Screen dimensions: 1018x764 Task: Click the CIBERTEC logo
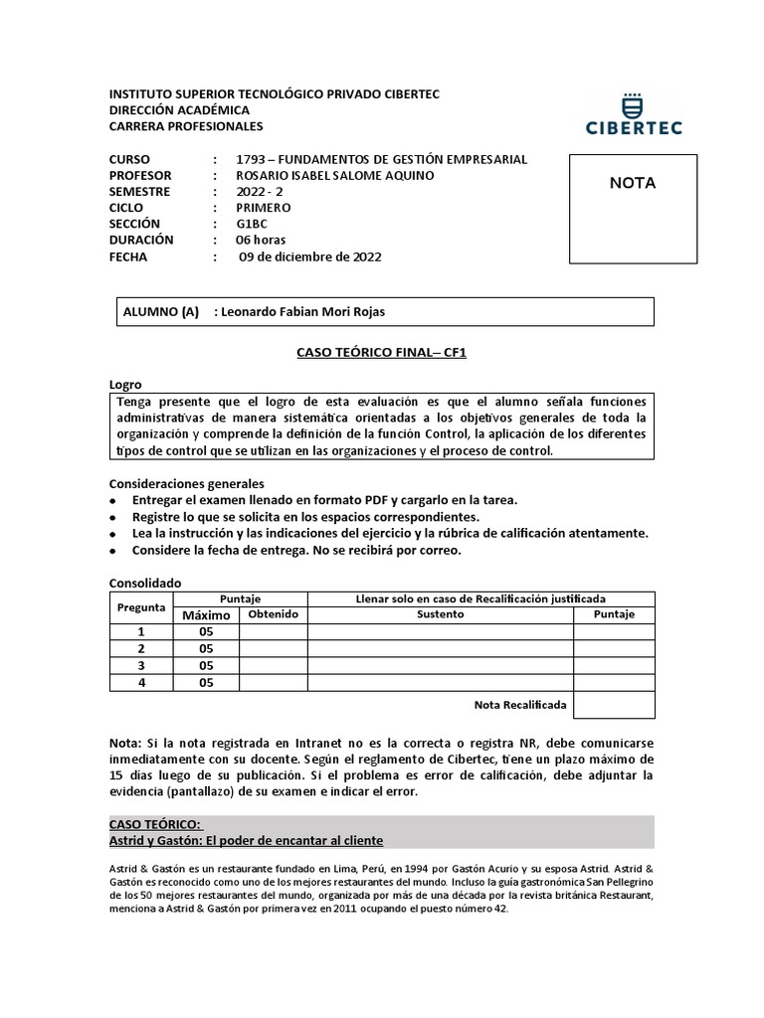[x=633, y=115]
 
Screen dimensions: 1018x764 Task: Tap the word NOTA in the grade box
[x=632, y=183]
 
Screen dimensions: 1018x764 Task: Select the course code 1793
[x=250, y=159]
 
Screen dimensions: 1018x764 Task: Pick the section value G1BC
[x=253, y=224]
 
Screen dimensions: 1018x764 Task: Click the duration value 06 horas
[x=260, y=240]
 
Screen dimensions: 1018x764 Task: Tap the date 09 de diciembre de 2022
[x=310, y=256]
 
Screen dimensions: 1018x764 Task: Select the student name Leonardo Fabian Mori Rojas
[x=302, y=311]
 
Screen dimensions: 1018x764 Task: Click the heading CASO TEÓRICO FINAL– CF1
[x=381, y=352]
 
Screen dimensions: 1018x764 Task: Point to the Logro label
[x=125, y=384]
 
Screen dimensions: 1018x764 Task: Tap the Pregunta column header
[x=141, y=606]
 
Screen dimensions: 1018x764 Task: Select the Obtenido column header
[x=274, y=614]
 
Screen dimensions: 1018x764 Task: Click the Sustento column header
[x=440, y=614]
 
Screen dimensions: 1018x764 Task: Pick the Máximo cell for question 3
[x=207, y=665]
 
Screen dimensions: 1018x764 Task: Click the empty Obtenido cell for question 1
[x=274, y=631]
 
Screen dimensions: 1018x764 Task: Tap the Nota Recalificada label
[x=520, y=705]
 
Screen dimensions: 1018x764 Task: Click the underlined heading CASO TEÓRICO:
[x=155, y=824]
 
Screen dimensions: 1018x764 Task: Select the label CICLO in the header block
[x=126, y=208]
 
